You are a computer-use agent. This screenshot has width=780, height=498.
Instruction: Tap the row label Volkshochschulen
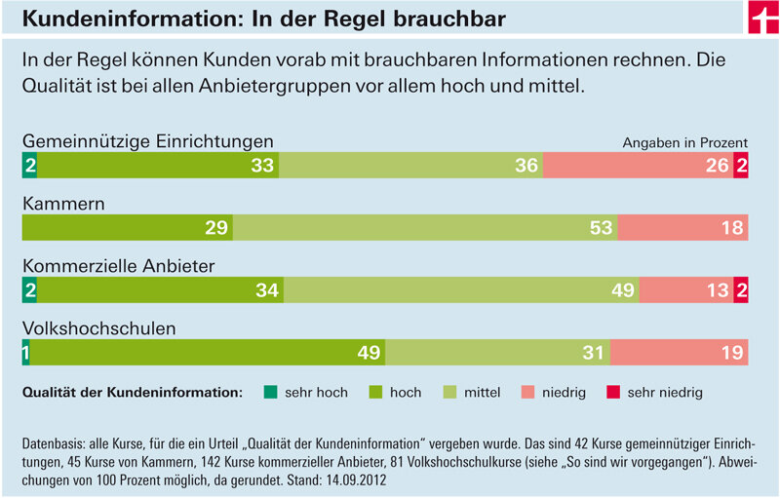pyautogui.click(x=98, y=328)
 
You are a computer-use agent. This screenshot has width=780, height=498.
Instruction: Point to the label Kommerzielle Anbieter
pyautogui.click(x=118, y=265)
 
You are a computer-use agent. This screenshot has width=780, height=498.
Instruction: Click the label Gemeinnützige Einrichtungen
pyautogui.click(x=147, y=141)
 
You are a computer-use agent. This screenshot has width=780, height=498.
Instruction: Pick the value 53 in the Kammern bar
pyautogui.click(x=601, y=228)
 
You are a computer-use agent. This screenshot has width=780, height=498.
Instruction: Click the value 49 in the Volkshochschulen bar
pyautogui.click(x=369, y=353)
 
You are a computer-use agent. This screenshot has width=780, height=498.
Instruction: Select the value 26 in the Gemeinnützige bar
pyautogui.click(x=718, y=166)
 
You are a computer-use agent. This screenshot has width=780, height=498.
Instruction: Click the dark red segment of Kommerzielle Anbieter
pyautogui.click(x=741, y=290)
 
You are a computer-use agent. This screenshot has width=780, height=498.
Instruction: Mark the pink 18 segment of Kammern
pyautogui.click(x=682, y=228)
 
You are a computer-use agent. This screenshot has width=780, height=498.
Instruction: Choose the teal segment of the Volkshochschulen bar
pyautogui.click(x=25, y=353)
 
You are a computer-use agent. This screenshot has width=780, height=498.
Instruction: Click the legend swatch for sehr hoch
pyautogui.click(x=270, y=393)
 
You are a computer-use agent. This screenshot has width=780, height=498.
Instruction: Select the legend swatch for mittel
pyautogui.click(x=449, y=393)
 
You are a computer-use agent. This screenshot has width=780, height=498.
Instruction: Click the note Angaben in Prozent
pyautogui.click(x=685, y=142)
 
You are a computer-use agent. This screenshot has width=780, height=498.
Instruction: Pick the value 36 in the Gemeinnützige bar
pyautogui.click(x=526, y=166)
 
